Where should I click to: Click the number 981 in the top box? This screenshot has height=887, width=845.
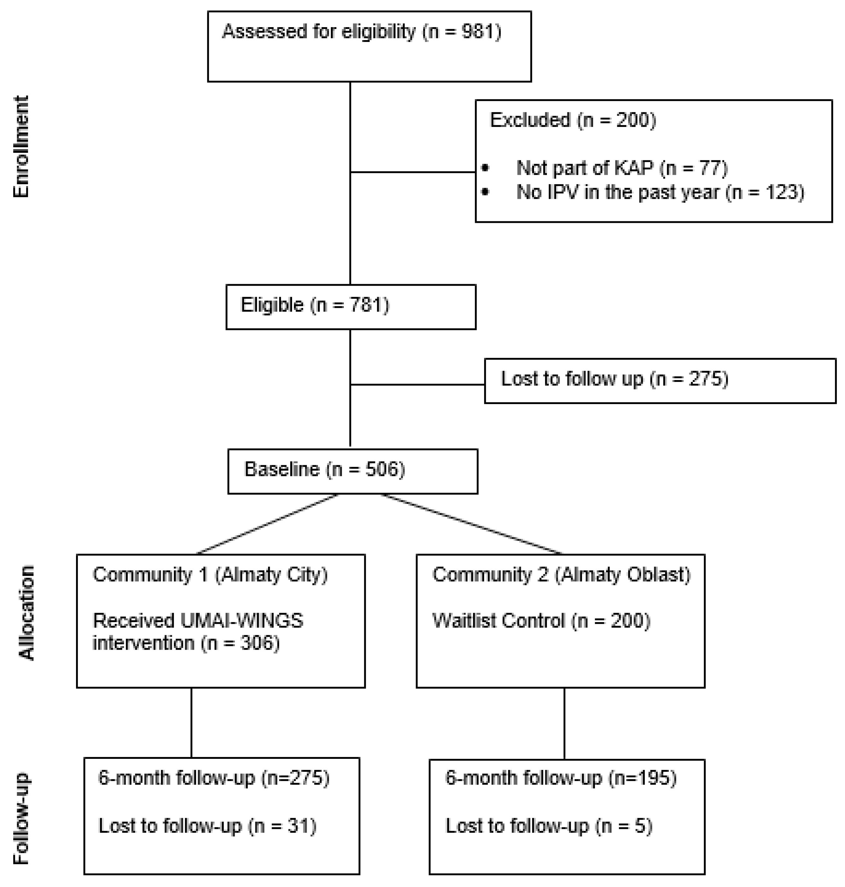pos(479,32)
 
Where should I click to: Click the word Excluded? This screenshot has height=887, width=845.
pos(530,120)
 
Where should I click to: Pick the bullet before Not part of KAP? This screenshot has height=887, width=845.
pos(485,168)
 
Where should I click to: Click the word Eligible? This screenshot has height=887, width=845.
pos(272,305)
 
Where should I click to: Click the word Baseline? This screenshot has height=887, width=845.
pos(282,469)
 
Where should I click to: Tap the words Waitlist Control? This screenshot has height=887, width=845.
pos(498,621)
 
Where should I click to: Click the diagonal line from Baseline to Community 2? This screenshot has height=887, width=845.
pos(471,524)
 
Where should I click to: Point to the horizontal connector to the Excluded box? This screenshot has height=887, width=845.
pos(413,172)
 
